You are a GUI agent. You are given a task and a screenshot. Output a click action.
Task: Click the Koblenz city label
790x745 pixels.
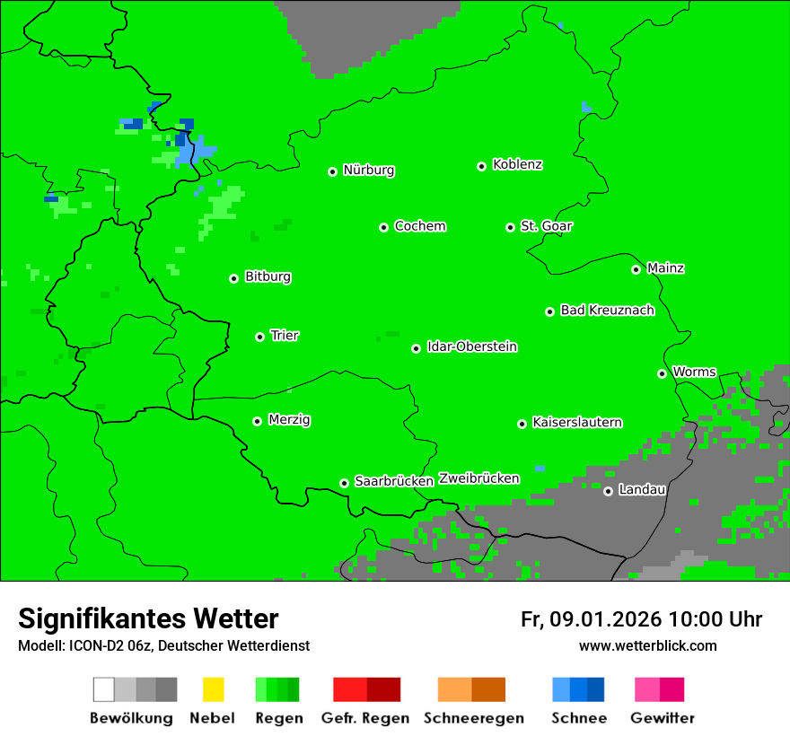(517, 164)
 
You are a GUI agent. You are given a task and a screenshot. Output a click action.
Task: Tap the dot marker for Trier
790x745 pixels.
(259, 337)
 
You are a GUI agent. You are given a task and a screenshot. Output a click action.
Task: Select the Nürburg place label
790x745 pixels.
(368, 170)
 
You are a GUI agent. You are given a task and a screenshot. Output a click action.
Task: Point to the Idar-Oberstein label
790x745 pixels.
(472, 346)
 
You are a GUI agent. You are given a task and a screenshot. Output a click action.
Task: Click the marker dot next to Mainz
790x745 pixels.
(636, 269)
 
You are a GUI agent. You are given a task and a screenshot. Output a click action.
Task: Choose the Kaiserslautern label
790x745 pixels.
(576, 422)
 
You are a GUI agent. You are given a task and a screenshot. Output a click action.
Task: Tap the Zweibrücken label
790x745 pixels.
(478, 478)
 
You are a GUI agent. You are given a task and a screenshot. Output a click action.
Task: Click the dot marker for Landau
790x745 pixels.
(608, 491)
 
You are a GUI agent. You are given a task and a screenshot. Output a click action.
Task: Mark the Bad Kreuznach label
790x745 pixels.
(607, 310)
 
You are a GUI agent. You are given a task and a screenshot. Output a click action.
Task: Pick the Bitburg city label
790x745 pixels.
(268, 276)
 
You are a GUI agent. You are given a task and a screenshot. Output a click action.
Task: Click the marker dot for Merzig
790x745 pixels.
(257, 421)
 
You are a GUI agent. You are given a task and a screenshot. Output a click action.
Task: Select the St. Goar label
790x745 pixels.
(546, 226)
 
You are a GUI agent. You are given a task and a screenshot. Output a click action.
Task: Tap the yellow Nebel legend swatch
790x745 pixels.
(213, 689)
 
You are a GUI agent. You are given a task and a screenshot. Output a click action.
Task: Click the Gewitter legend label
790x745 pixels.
(662, 718)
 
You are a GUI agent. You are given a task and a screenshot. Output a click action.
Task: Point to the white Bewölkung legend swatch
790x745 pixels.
(104, 689)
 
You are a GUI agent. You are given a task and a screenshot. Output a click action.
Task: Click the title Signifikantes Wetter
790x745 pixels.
(148, 618)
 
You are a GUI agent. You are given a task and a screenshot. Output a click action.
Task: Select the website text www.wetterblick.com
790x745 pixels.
(647, 645)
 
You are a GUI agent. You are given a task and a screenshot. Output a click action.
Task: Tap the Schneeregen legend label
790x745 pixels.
(473, 718)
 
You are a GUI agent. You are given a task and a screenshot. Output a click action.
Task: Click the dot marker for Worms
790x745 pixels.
(662, 373)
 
